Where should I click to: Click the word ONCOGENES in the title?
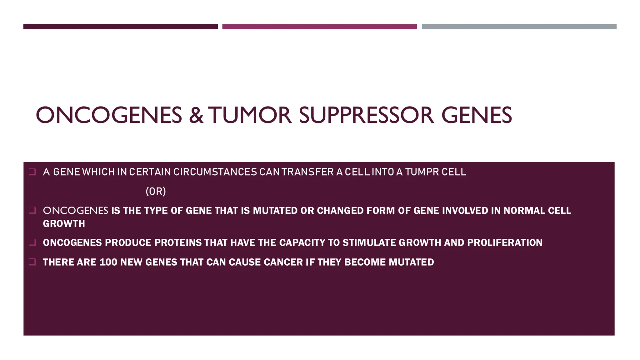click(109, 115)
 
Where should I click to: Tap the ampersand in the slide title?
click(196, 115)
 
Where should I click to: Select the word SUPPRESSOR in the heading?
click(366, 115)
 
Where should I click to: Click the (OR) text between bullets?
click(156, 191)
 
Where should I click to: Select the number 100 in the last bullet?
click(108, 262)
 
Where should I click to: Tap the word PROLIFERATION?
click(504, 242)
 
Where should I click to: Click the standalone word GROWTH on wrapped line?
click(64, 224)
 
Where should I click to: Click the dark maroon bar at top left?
click(121, 27)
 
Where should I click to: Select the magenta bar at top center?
click(319, 27)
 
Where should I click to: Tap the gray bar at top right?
click(519, 27)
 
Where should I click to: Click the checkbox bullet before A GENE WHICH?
click(32, 172)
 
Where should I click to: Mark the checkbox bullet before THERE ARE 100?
click(32, 262)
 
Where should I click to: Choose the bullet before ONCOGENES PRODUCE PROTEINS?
click(32, 242)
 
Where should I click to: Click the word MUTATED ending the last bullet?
click(411, 262)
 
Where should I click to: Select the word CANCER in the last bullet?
click(283, 262)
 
